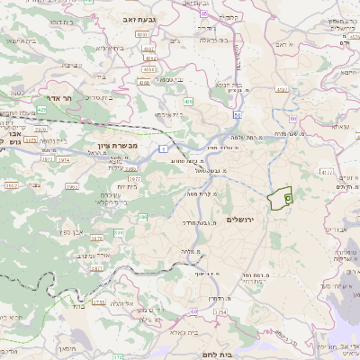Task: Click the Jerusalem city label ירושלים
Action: tap(242, 220)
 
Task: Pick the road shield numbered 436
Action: tap(188, 102)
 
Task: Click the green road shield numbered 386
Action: tap(121, 233)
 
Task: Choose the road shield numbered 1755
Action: tap(98, 303)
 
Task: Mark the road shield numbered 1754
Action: tap(220, 312)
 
